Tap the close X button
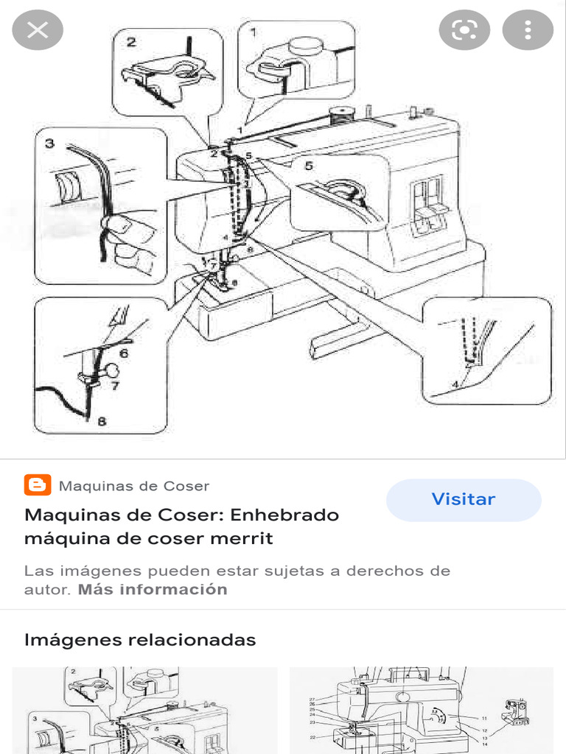pyautogui.click(x=38, y=30)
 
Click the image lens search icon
pyautogui.click(x=464, y=30)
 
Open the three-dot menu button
pyautogui.click(x=528, y=30)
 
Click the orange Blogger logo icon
pyautogui.click(x=37, y=485)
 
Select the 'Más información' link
pyautogui.click(x=153, y=589)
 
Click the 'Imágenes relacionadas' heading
pyautogui.click(x=140, y=639)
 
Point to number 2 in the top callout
pyautogui.click(x=131, y=43)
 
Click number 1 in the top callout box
pyautogui.click(x=254, y=33)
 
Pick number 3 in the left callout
pyautogui.click(x=49, y=144)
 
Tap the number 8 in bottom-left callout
pyautogui.click(x=101, y=422)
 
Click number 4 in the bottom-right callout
pyautogui.click(x=455, y=384)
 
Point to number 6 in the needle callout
pyautogui.click(x=124, y=353)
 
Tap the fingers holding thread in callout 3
pyautogui.click(x=129, y=239)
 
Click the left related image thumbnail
pyautogui.click(x=144, y=710)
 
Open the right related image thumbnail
pyautogui.click(x=421, y=710)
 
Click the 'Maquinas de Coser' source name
pyautogui.click(x=133, y=486)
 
